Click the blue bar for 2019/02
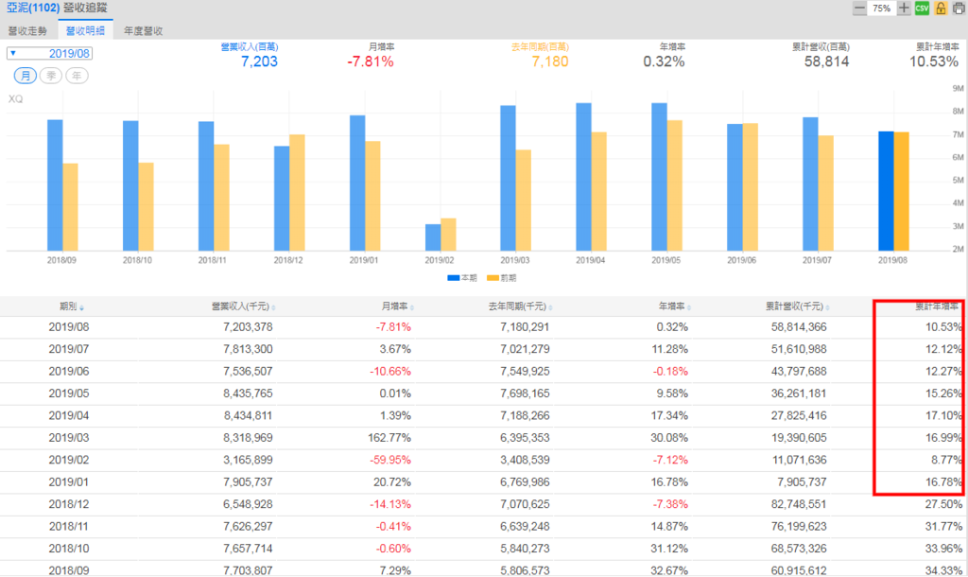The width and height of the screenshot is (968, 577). (x=433, y=237)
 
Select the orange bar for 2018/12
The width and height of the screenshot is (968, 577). (x=297, y=193)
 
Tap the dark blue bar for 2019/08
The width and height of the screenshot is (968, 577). (x=886, y=191)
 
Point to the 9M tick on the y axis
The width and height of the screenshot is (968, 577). (x=958, y=88)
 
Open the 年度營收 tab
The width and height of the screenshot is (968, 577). (x=143, y=30)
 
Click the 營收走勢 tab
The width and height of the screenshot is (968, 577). (x=27, y=30)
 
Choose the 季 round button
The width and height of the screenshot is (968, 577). (x=51, y=75)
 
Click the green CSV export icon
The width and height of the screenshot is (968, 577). (x=922, y=8)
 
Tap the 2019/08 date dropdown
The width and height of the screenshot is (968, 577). (x=49, y=53)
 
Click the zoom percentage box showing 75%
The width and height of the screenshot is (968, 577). (x=882, y=8)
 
